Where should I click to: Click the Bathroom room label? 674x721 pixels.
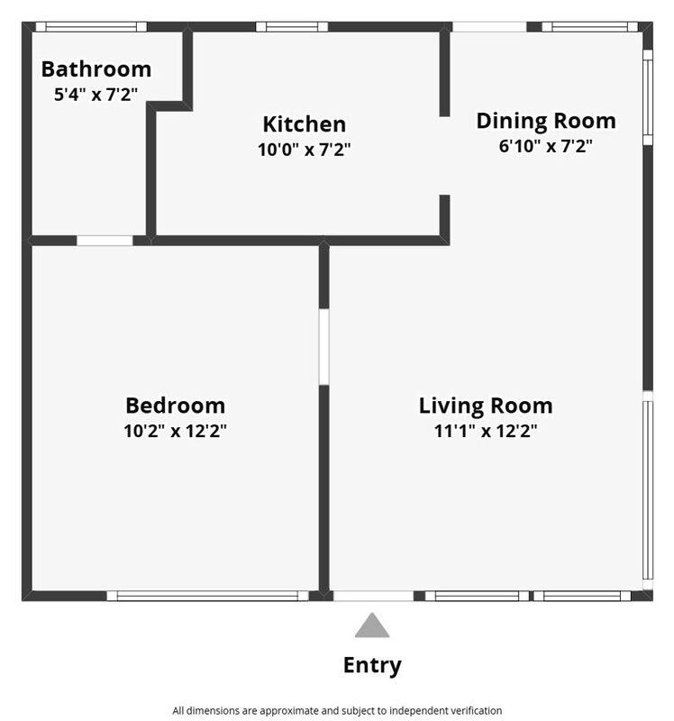coord(96,69)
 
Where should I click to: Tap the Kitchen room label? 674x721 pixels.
coord(305,124)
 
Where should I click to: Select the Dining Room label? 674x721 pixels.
coord(546,122)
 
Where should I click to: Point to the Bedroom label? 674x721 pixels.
coord(175,406)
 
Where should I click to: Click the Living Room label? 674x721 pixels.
coord(486,406)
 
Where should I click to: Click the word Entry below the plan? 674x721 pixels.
coord(372,666)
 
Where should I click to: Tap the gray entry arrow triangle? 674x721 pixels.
coord(372,625)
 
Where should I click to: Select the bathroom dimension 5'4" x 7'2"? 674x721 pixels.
coord(96,95)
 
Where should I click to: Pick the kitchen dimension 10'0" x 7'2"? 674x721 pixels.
coord(305,150)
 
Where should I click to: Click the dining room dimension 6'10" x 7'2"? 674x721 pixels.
coord(546,146)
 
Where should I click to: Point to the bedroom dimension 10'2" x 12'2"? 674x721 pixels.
coord(175,431)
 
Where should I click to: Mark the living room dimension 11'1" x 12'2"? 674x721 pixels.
coord(486,431)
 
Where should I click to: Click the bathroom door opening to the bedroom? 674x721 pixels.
coord(105,241)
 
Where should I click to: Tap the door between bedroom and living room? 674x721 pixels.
coord(324,347)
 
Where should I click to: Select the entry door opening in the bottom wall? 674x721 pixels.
coord(373,596)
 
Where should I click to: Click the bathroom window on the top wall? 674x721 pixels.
coord(92,27)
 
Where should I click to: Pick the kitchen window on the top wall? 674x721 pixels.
coord(292,27)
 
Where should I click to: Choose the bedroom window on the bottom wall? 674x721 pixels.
coord(208,596)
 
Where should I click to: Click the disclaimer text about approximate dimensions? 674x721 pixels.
coord(337,711)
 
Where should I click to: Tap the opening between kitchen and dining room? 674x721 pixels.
coord(444,156)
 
